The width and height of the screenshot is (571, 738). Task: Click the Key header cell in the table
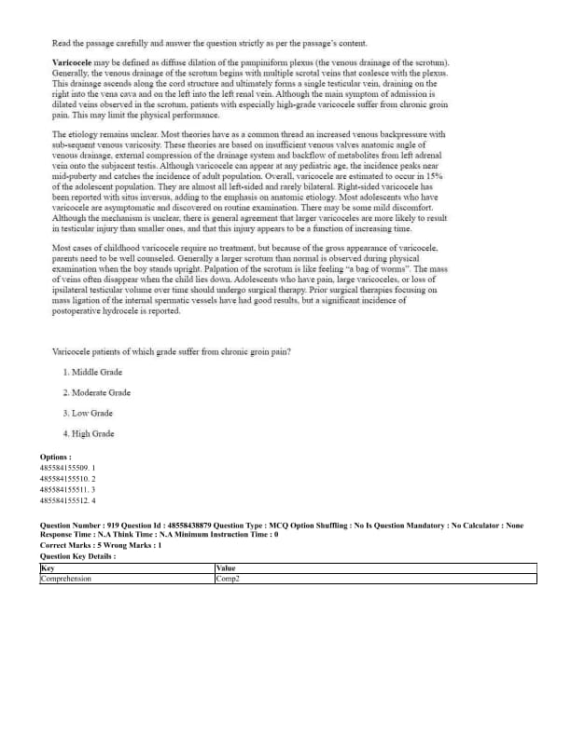48,567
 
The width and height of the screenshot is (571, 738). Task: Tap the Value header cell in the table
225,567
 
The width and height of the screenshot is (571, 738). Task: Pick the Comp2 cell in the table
228,579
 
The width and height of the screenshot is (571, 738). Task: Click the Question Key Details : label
77,555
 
